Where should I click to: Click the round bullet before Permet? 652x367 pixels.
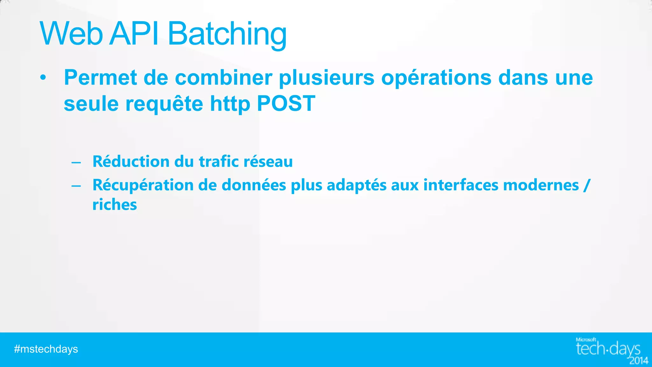tap(43, 78)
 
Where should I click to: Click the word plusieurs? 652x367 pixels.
tap(326, 78)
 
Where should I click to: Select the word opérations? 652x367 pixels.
tap(436, 78)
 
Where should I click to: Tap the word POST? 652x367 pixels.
tap(286, 104)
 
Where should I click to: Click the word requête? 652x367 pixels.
tap(164, 104)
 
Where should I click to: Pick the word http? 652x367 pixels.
tap(230, 104)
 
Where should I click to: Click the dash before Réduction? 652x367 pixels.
tap(76, 162)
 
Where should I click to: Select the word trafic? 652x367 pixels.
tap(219, 161)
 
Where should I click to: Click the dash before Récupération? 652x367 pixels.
tap(76, 186)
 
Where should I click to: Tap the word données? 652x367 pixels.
tap(254, 185)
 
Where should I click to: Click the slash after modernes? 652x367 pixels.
tap(587, 185)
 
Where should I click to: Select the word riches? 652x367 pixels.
tap(115, 205)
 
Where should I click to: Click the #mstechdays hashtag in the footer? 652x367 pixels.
tap(46, 349)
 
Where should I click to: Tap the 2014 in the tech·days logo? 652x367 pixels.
tap(639, 361)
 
